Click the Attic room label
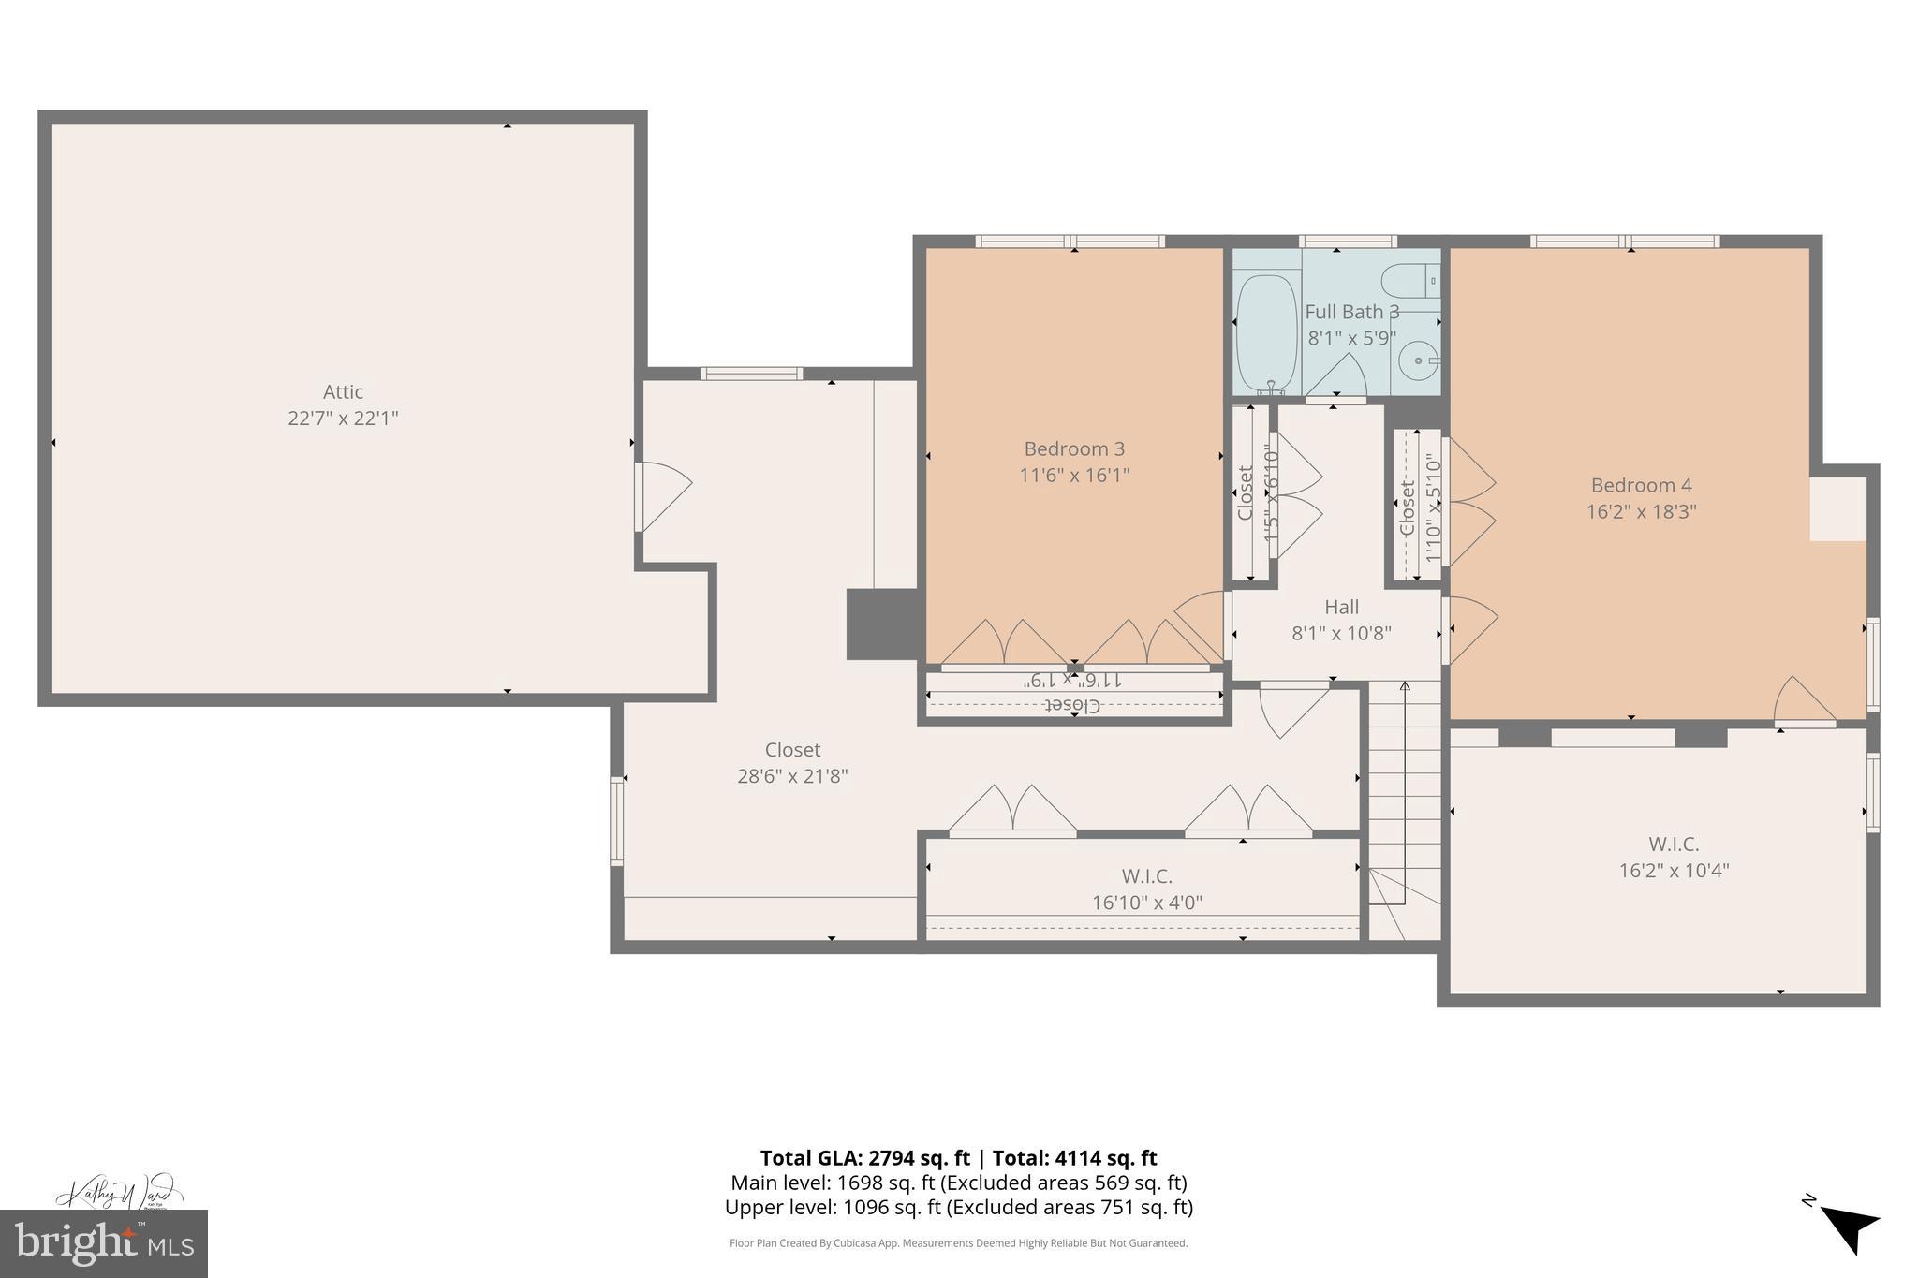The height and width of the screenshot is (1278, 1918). (343, 392)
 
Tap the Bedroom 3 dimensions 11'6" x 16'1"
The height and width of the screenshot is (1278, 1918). (1074, 476)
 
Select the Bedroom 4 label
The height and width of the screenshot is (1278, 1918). (1641, 485)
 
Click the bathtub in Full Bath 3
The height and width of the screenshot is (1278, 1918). (1266, 332)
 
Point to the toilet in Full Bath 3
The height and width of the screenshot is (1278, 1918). (1410, 281)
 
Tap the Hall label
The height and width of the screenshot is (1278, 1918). (1341, 607)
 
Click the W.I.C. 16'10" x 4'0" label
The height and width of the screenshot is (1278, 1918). (1146, 889)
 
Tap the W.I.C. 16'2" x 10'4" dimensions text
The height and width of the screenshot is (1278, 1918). (1674, 871)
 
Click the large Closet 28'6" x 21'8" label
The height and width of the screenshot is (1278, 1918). (792, 762)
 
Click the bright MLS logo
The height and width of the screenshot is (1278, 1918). (104, 1243)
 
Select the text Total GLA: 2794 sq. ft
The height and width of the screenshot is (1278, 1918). (864, 1158)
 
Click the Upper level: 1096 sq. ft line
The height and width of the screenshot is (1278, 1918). (958, 1208)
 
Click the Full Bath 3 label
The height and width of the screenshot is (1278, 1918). (1351, 312)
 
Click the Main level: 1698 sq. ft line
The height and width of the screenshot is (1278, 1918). (958, 1183)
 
